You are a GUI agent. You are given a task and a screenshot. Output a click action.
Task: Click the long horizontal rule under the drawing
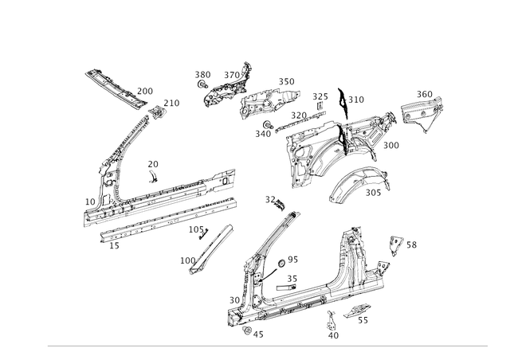pyautogui.click(x=267, y=346)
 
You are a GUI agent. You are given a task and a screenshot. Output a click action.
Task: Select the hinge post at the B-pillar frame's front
pyautogui.click(x=237, y=311)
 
